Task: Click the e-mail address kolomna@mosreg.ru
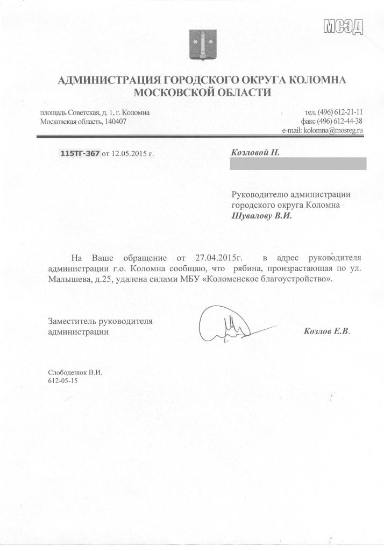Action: coord(334,130)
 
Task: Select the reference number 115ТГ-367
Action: coord(80,154)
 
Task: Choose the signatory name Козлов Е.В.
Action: coord(327,331)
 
